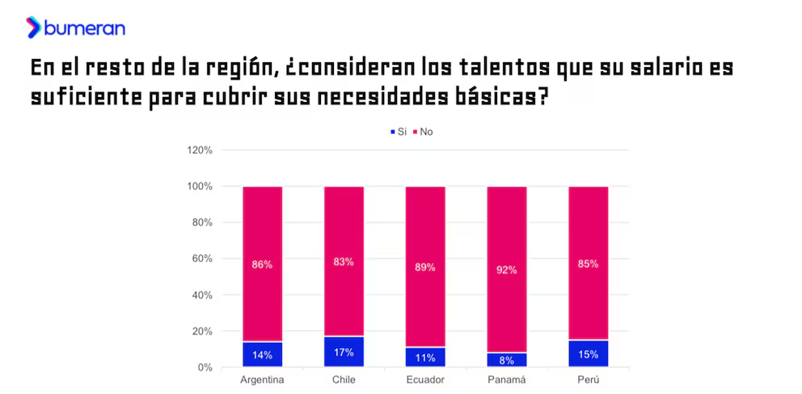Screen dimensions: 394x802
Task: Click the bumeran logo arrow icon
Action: coord(33,28)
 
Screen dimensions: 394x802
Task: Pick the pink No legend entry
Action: coord(423,131)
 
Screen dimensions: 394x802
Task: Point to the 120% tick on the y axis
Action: coord(199,150)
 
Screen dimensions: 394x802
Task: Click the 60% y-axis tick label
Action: coord(200,259)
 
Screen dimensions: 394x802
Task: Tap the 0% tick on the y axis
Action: coord(204,368)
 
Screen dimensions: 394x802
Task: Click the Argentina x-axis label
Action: coord(263,380)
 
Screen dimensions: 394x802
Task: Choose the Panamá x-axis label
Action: coord(507,380)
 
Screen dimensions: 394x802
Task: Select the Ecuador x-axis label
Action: coord(425,380)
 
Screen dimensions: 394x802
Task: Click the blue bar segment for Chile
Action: coord(344,352)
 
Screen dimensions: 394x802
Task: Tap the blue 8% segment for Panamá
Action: coord(507,361)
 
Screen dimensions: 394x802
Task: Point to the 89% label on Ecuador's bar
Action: coord(425,267)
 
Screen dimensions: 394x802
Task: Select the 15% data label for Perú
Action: coord(589,354)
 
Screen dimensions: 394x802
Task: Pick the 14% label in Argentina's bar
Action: coord(263,354)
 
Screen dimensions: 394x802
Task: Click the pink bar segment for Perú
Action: coord(589,227)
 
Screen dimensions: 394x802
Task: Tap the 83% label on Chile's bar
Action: coord(344,261)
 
